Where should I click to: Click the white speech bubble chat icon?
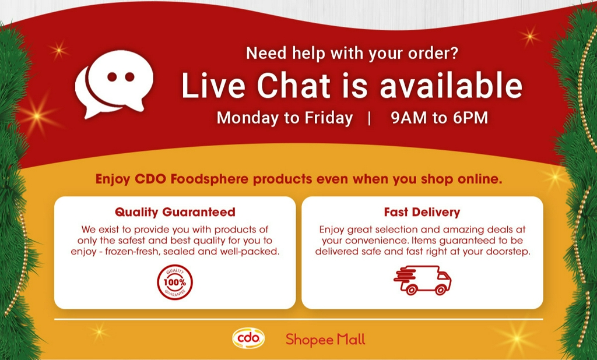tap(114, 83)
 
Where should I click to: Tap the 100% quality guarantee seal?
tap(175, 282)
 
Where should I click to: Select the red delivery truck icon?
tap(423, 280)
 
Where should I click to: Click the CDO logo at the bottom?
tap(248, 338)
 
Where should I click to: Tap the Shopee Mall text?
tap(325, 339)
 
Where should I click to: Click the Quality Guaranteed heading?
tap(175, 211)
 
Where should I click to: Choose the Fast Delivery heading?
tap(422, 211)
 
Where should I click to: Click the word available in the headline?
tap(451, 86)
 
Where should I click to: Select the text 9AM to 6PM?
tap(439, 118)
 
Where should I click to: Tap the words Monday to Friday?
tap(285, 118)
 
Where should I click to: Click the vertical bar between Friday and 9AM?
tap(370, 118)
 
